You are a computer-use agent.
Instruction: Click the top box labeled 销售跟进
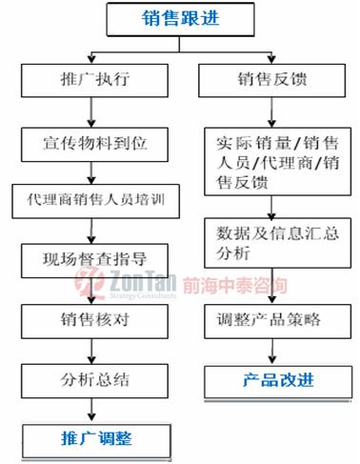tap(179, 16)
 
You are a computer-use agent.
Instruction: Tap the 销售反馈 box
tap(270, 80)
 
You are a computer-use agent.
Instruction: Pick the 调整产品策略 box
tap(270, 318)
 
